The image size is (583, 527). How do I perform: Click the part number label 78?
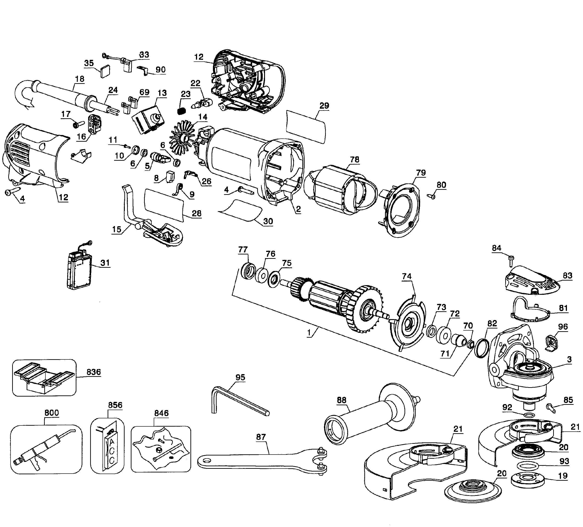[354, 160]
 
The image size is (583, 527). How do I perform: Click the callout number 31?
[105, 263]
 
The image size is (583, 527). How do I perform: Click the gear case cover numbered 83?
[532, 281]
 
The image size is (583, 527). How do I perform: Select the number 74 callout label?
[407, 276]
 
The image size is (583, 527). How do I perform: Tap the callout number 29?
[324, 106]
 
